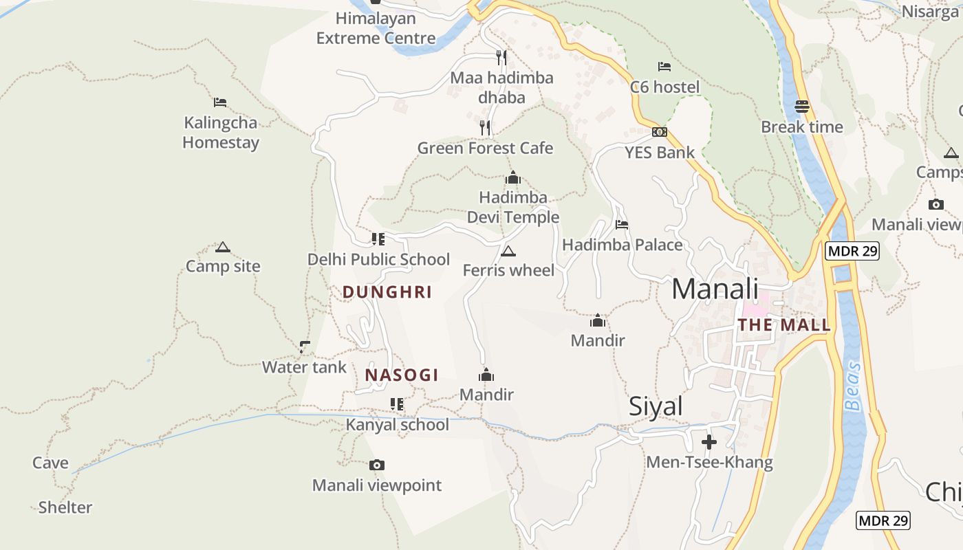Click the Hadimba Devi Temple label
coord(513,208)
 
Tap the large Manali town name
coord(715,289)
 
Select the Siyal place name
coord(656,406)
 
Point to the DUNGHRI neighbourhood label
coord(387,292)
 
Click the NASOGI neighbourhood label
coord(402,375)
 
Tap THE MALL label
coord(784,325)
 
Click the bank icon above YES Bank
coord(660,132)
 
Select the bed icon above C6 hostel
coord(664,67)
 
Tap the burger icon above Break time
coord(802,107)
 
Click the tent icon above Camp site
coord(222,247)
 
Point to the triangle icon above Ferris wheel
coord(508,251)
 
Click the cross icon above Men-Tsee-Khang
coord(709,442)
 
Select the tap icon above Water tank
coord(305,347)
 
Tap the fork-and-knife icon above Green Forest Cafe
coord(485,128)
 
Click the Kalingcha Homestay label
coord(221,133)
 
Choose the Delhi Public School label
coord(378,259)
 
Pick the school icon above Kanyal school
coord(397,404)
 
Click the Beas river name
coord(854,386)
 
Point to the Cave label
coord(51,463)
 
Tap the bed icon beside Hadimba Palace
coord(622,225)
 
